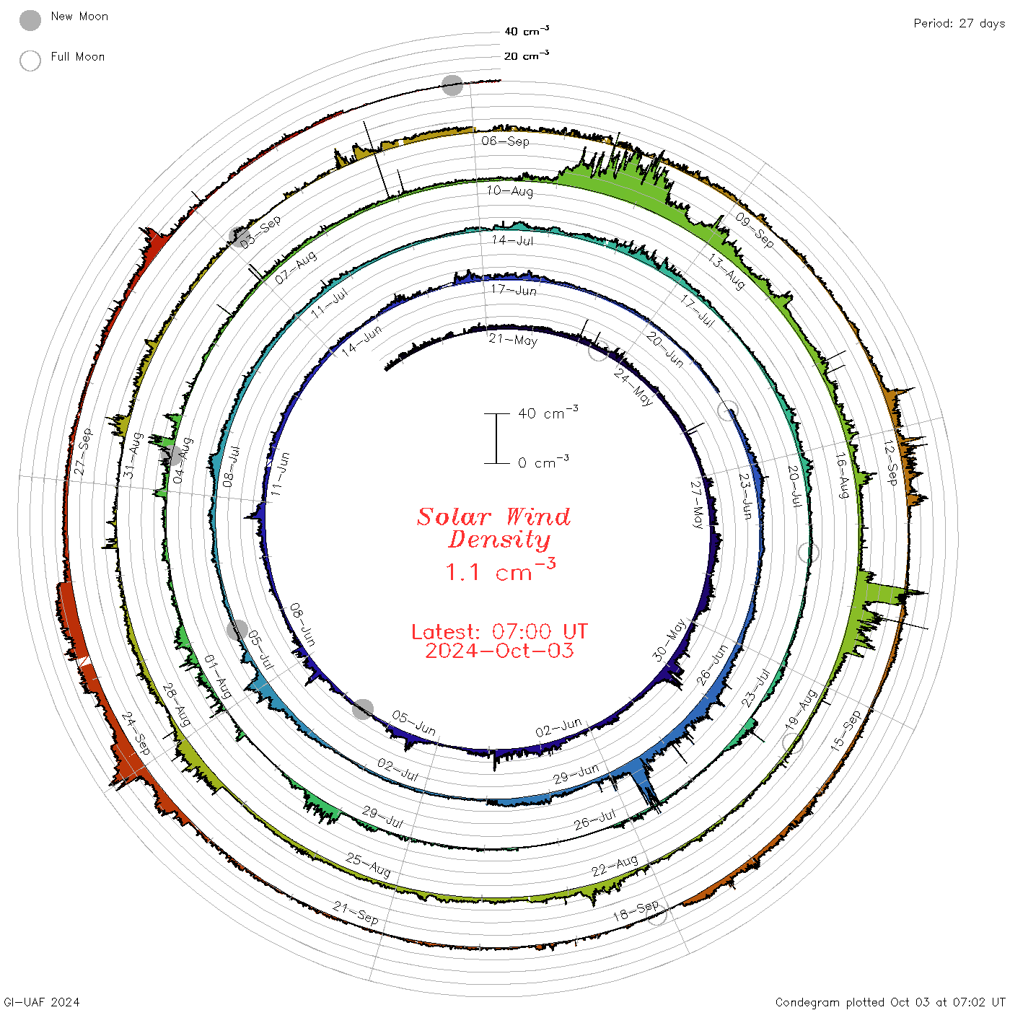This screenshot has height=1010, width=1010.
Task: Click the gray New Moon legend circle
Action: [x=30, y=20]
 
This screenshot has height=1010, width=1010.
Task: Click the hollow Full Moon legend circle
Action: [x=30, y=61]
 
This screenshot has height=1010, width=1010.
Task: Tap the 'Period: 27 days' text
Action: [x=959, y=24]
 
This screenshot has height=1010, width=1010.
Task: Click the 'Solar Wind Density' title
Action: [x=493, y=528]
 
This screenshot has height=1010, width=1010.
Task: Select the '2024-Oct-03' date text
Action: [x=499, y=651]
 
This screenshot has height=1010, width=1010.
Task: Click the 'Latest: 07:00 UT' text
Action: [x=499, y=631]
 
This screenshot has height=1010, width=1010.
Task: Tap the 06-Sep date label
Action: [x=505, y=141]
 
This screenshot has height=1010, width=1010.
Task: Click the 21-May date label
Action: [x=513, y=340]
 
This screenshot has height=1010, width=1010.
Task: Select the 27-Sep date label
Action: [x=83, y=452]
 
